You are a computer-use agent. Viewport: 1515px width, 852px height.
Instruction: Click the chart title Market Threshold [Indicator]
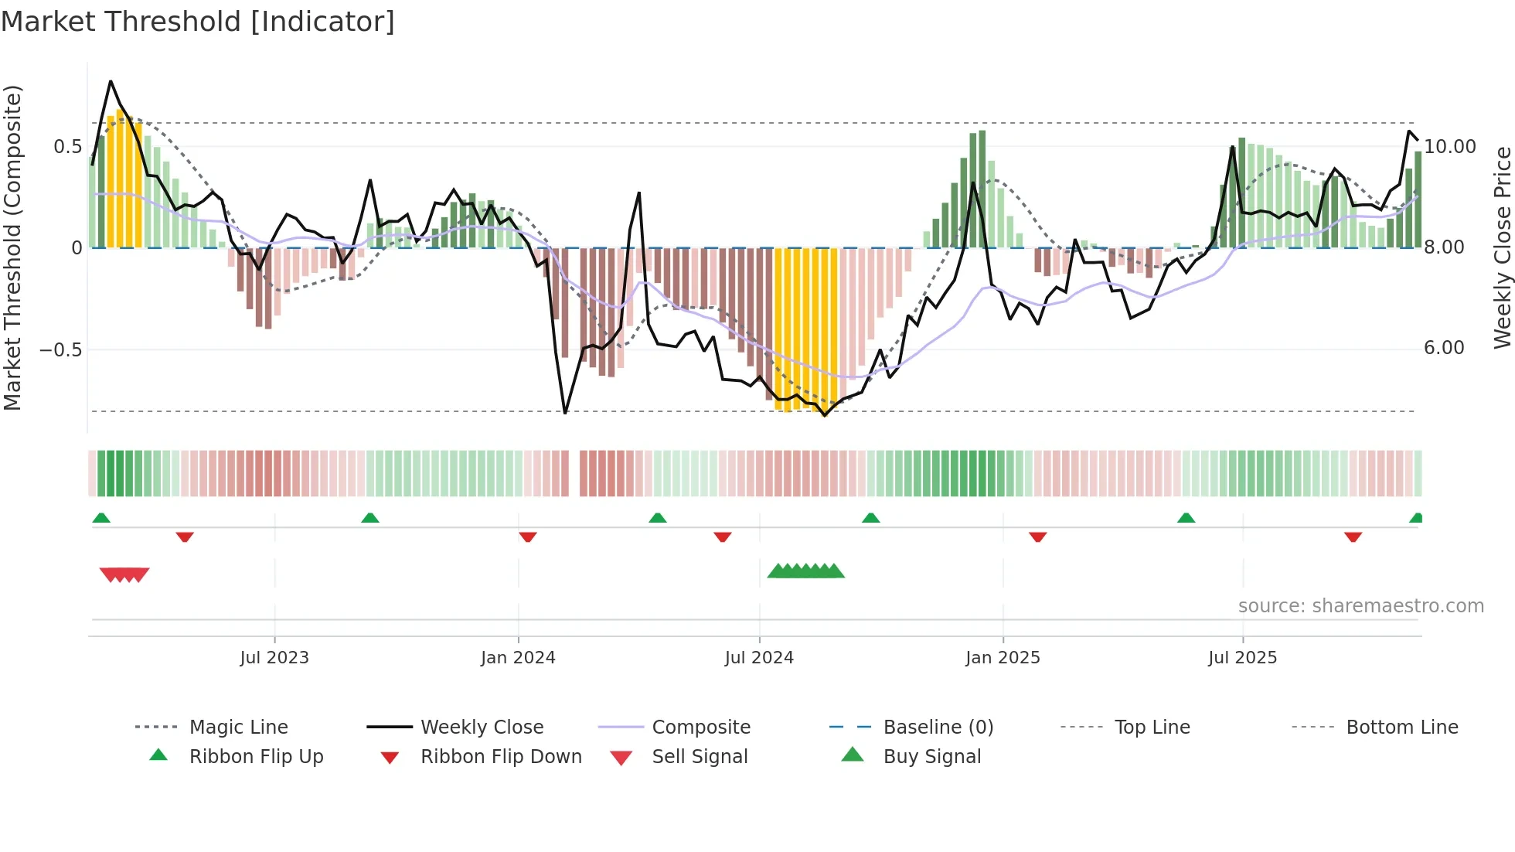pyautogui.click(x=198, y=22)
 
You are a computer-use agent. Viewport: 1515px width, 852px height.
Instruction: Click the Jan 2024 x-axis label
pyautogui.click(x=518, y=658)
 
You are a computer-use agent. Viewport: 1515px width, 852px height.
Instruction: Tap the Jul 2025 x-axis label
pyautogui.click(x=1242, y=658)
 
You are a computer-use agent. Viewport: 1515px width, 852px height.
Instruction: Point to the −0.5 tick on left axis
pyautogui.click(x=61, y=349)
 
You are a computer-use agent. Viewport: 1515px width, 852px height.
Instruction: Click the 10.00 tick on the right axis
pyautogui.click(x=1450, y=147)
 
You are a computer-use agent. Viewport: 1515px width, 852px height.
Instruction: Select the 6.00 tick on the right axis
pyautogui.click(x=1444, y=348)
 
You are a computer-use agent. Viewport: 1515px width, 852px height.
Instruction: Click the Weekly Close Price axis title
pyautogui.click(x=1502, y=247)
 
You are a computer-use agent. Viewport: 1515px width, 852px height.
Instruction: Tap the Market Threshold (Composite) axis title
pyautogui.click(x=12, y=247)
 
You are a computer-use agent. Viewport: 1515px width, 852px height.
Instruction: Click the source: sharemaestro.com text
pyautogui.click(x=1360, y=606)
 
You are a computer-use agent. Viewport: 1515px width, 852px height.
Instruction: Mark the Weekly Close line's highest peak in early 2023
pyautogui.click(x=111, y=81)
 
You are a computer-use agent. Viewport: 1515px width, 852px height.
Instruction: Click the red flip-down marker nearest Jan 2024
pyautogui.click(x=528, y=537)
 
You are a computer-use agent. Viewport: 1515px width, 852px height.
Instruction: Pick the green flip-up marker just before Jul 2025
pyautogui.click(x=1186, y=518)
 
